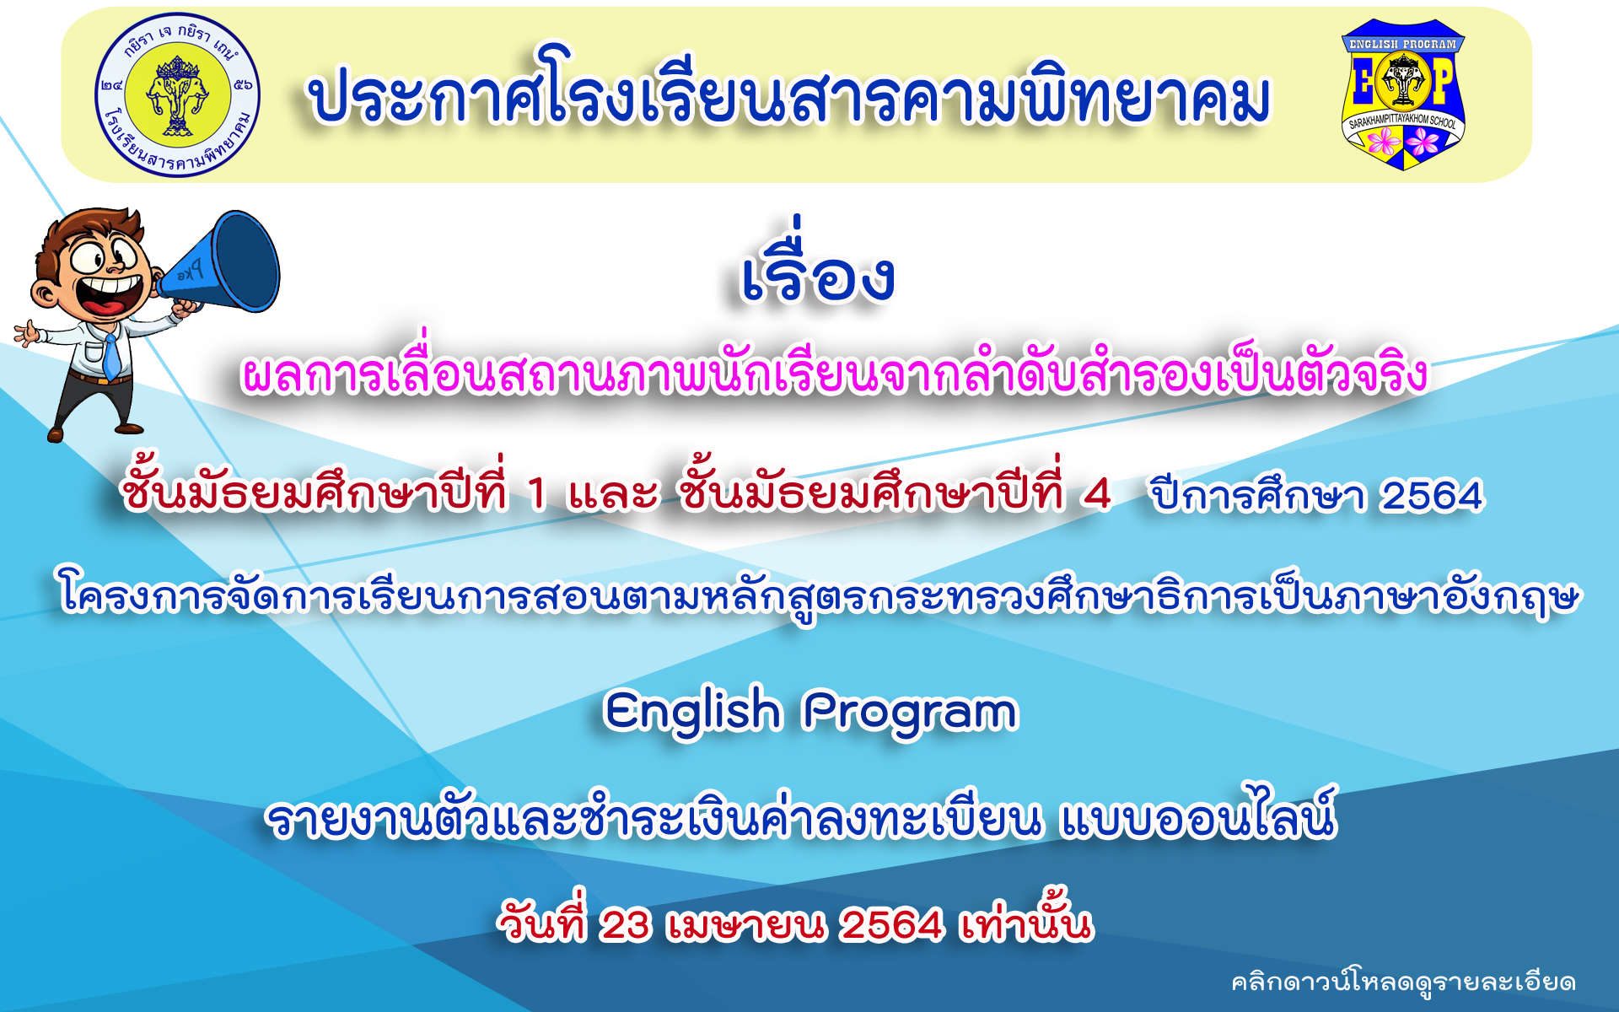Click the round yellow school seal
177,94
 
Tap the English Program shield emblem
1403,94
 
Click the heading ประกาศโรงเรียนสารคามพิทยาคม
790,94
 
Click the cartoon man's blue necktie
111,355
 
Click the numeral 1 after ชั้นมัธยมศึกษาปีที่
536,493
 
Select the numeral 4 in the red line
1096,493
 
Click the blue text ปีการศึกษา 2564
1316,494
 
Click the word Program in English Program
911,713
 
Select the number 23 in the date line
625,924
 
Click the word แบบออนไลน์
1198,813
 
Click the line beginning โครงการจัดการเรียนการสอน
818,595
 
